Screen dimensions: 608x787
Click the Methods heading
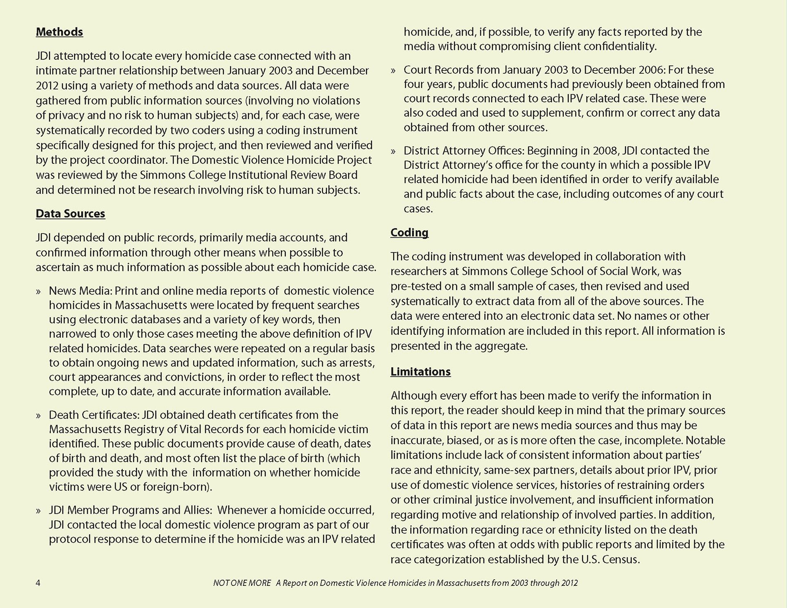coord(59,32)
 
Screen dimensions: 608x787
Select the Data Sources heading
coord(71,213)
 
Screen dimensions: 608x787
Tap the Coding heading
coord(409,232)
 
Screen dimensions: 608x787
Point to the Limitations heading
coord(421,371)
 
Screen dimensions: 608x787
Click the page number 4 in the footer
coord(38,583)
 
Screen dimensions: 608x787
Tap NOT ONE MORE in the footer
coord(242,583)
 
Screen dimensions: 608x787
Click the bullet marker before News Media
coord(39,291)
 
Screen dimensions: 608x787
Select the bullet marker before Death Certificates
coord(39,415)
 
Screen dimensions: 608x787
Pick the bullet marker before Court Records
coord(393,70)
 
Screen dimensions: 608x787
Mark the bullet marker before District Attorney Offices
coord(393,151)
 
